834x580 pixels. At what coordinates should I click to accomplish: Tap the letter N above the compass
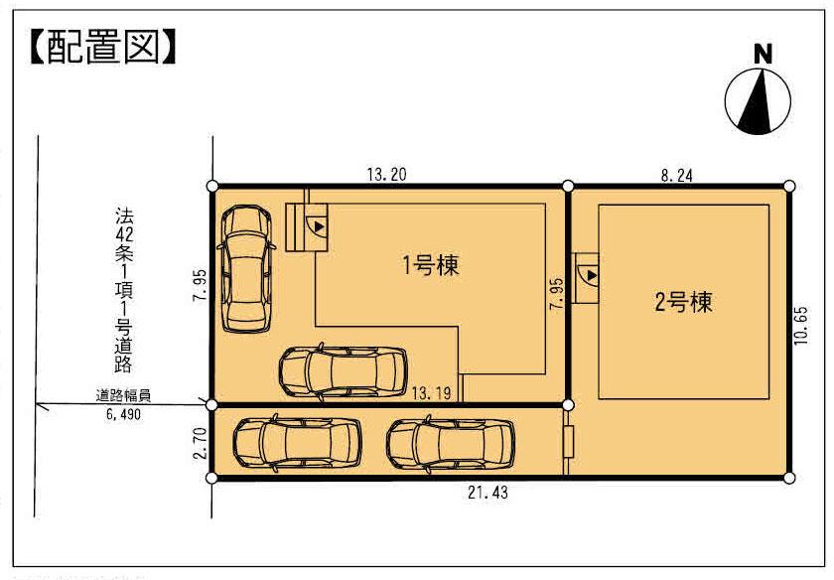pyautogui.click(x=762, y=56)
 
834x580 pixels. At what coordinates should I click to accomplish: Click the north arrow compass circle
pyautogui.click(x=761, y=100)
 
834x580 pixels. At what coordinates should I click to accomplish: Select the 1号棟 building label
pyautogui.click(x=430, y=265)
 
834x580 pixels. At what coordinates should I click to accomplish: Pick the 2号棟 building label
pyautogui.click(x=683, y=303)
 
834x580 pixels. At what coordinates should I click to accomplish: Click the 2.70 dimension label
pyautogui.click(x=200, y=442)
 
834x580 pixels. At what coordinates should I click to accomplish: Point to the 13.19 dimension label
pyautogui.click(x=432, y=393)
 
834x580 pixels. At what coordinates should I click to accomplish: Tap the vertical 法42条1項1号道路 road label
pyautogui.click(x=124, y=287)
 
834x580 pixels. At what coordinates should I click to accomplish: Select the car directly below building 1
pyautogui.click(x=344, y=371)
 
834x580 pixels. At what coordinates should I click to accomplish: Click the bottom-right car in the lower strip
pyautogui.click(x=452, y=443)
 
